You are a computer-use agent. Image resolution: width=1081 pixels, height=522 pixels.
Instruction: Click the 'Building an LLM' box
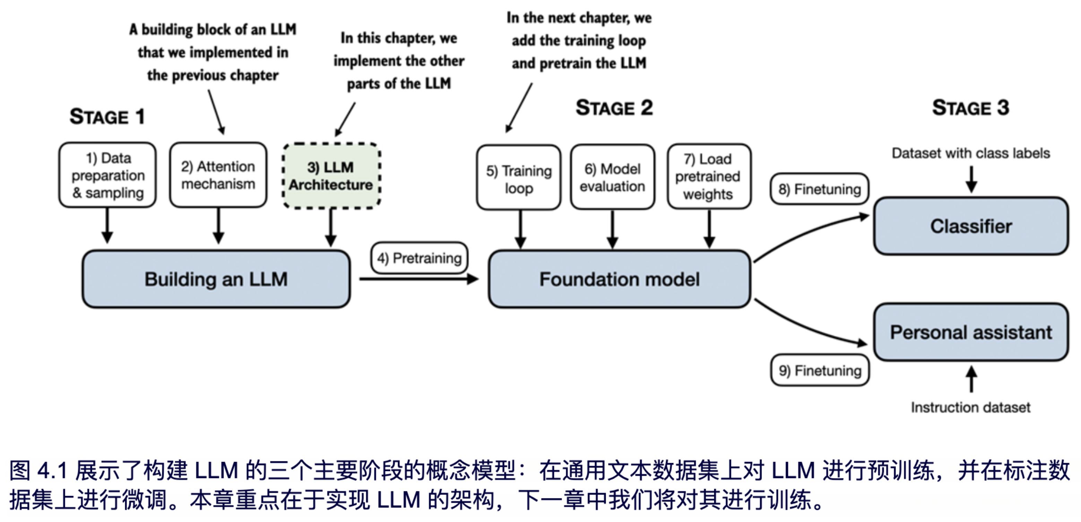click(x=216, y=279)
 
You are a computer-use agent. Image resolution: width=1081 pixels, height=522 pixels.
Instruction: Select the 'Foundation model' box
click(x=620, y=279)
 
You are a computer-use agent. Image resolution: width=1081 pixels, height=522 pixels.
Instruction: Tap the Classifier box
click(x=971, y=226)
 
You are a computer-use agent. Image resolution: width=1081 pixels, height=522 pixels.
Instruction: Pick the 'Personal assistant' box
click(x=971, y=332)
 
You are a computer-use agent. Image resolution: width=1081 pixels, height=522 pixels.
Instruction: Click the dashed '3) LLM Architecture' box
click(x=331, y=176)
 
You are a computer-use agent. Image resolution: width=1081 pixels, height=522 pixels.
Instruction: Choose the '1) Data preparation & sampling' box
click(x=108, y=175)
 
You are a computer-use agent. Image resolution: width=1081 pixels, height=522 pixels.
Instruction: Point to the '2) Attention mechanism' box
click(x=218, y=175)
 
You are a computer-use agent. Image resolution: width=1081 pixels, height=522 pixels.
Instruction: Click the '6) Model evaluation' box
click(x=612, y=177)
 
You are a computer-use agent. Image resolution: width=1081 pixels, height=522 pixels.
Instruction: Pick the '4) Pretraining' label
click(x=419, y=258)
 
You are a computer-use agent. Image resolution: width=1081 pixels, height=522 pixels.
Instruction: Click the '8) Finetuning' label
click(x=820, y=189)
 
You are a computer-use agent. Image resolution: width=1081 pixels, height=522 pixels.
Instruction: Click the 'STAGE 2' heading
click(x=614, y=108)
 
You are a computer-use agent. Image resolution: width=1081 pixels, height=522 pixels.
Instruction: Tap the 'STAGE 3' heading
click(x=971, y=108)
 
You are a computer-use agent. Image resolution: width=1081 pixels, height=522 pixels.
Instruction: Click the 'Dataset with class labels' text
click(x=971, y=153)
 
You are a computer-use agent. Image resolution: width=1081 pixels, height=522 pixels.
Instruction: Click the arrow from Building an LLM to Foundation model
click(x=419, y=279)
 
